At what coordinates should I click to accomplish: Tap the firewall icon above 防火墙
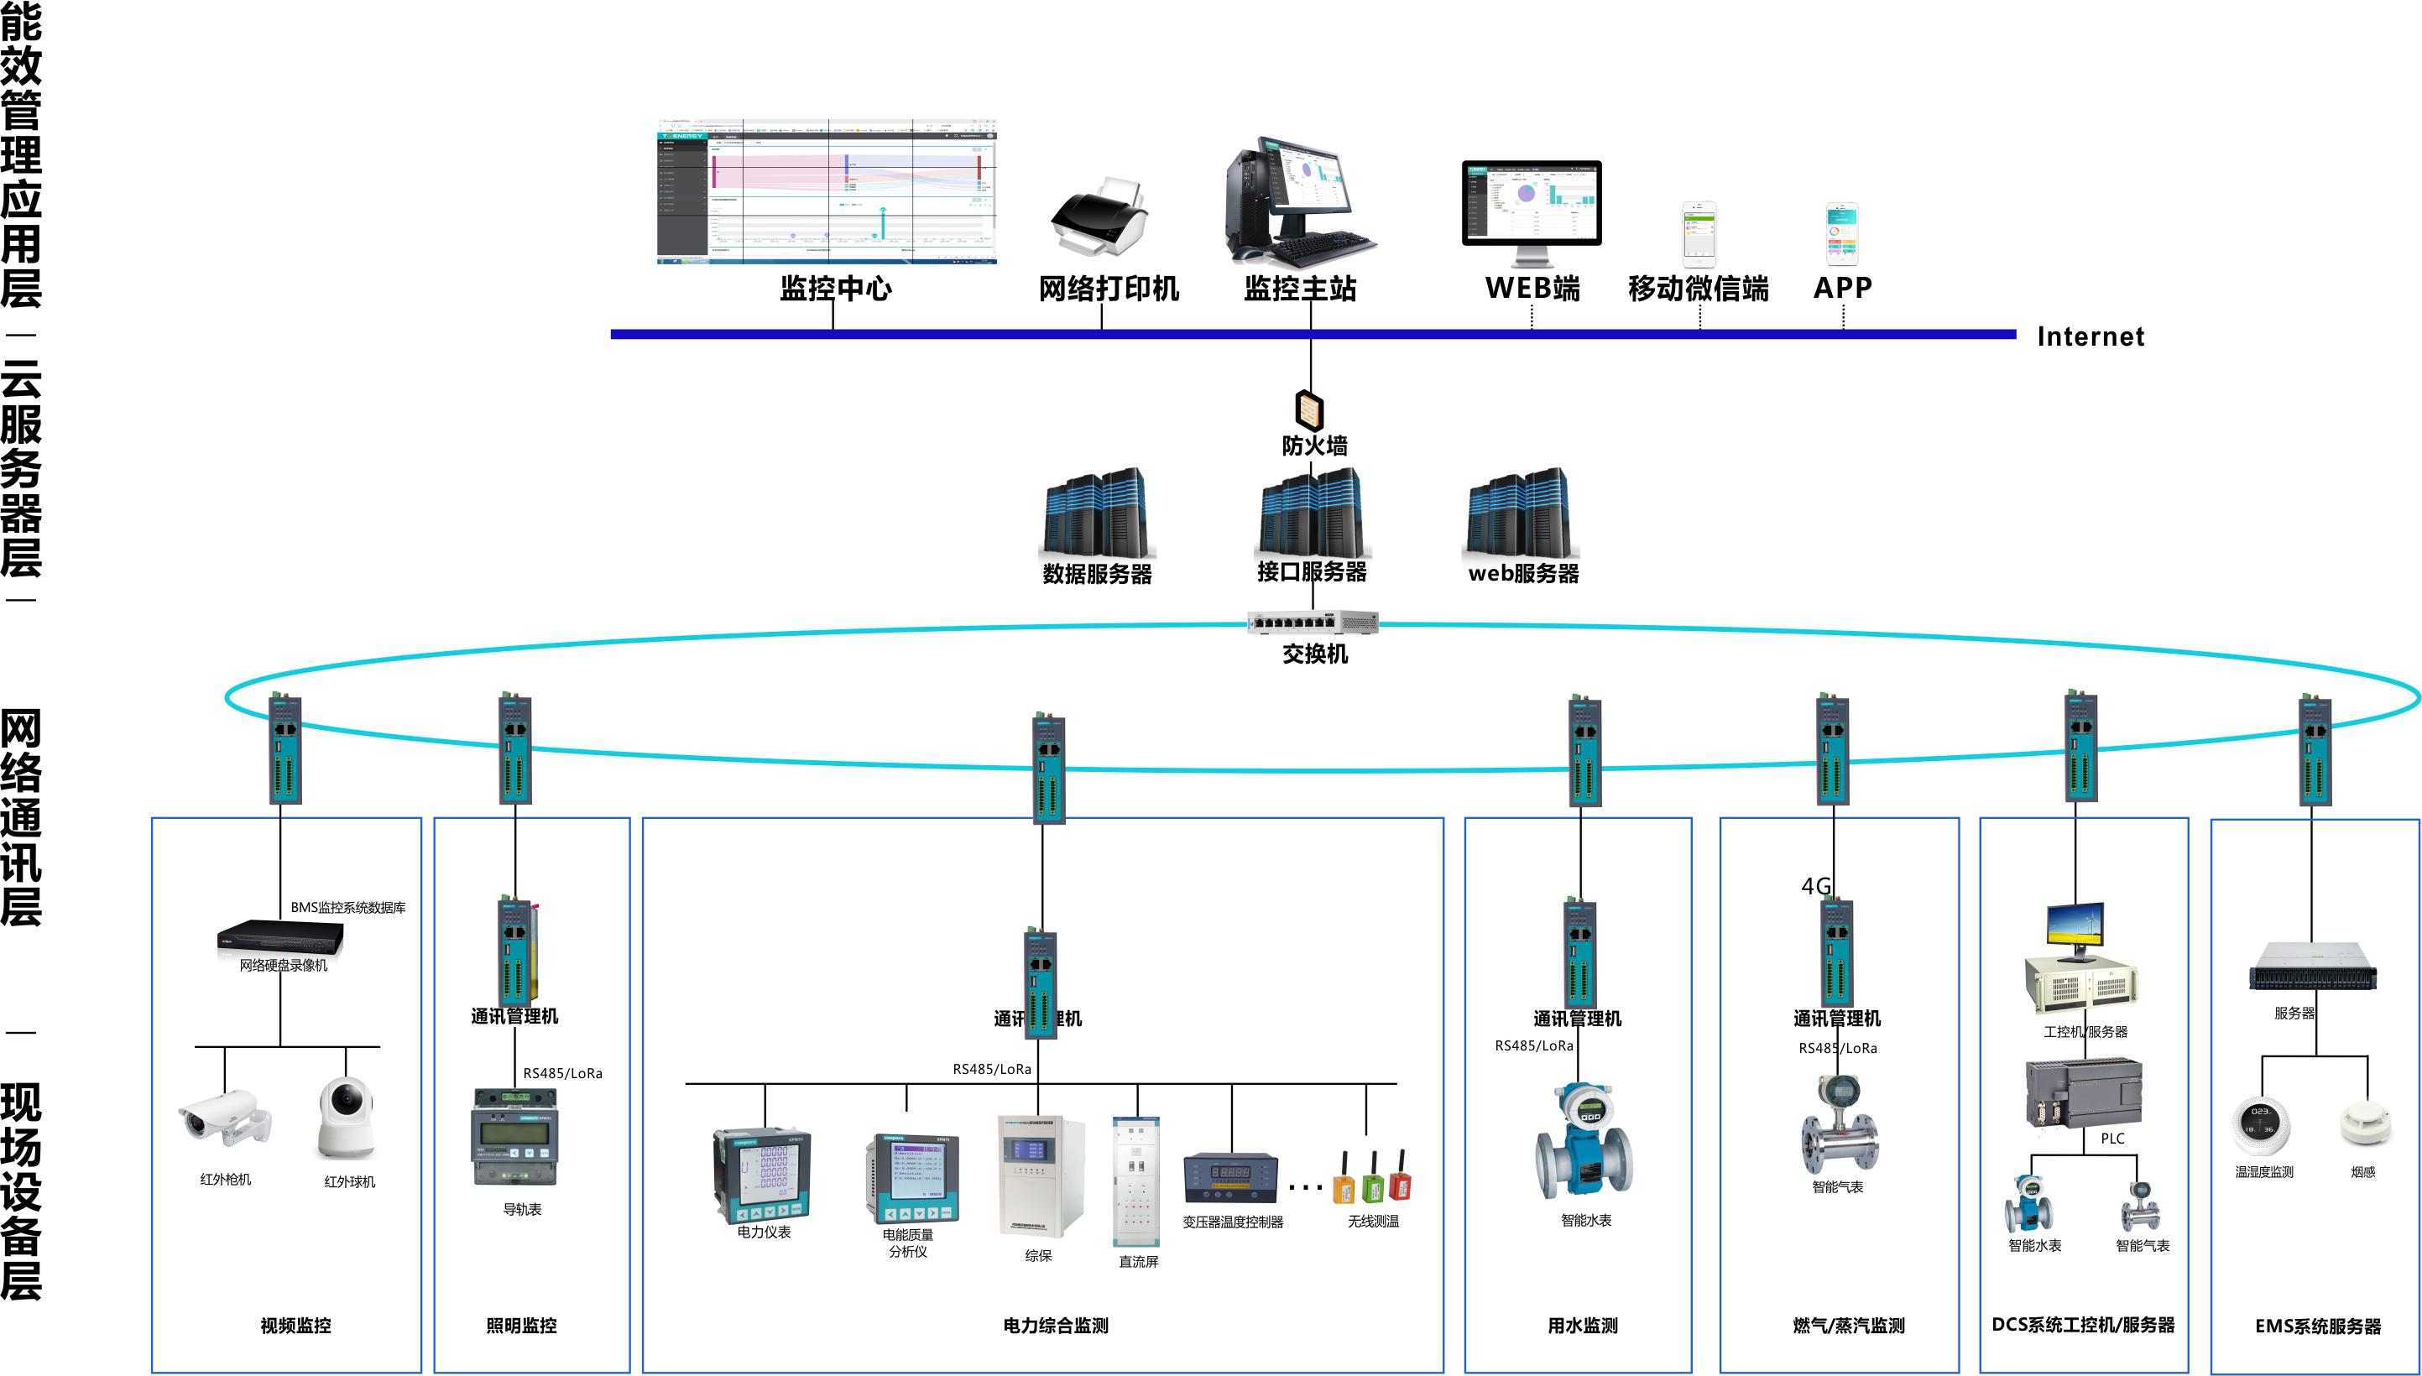1309,409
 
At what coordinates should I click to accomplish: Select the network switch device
1313,622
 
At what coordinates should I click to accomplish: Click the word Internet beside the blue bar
2091,336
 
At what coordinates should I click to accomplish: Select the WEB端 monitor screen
1531,202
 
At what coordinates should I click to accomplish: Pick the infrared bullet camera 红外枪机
225,1120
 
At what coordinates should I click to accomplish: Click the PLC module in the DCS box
2083,1093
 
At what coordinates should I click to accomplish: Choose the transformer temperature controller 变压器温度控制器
1230,1179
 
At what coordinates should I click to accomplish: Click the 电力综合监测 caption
1056,1326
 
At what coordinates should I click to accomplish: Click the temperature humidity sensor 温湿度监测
2262,1123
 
